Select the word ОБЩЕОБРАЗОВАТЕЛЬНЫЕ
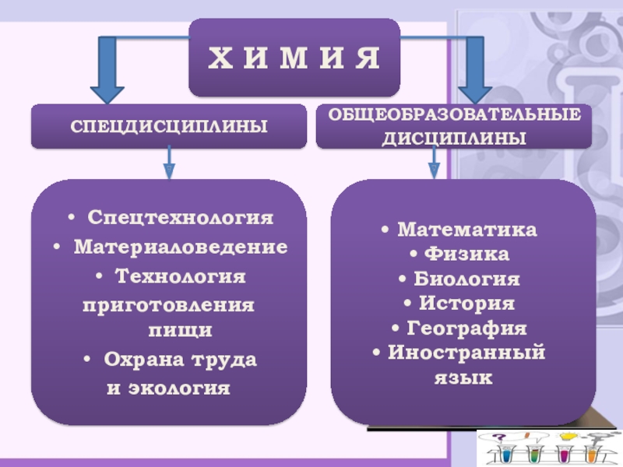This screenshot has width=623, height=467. pos(454,115)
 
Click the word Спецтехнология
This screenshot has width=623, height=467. pos(180,217)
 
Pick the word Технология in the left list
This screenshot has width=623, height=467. pos(180,276)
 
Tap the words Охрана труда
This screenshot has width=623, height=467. pos(181,360)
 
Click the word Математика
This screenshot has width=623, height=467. pos(466,230)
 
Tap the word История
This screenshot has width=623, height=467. pos(466,303)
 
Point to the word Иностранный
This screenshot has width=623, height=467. pos(466,353)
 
